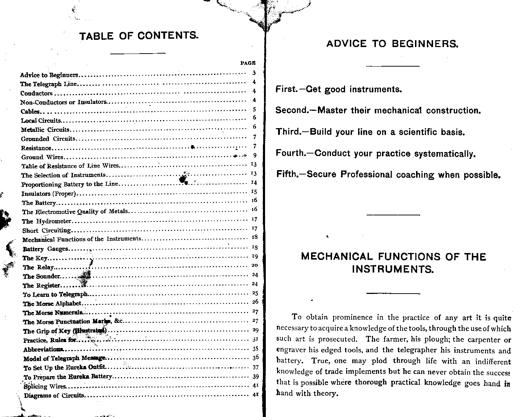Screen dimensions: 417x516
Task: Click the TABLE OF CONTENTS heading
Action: pos(139,36)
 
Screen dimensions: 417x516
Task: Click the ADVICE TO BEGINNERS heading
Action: pos(393,44)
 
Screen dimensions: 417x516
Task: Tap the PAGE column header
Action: pos(248,63)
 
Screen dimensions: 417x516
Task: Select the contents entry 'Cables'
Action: pos(30,111)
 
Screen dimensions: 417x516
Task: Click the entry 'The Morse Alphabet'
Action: pos(53,304)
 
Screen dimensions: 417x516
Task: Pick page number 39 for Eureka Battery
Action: pos(255,376)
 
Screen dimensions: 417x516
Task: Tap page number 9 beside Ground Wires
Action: pos(255,155)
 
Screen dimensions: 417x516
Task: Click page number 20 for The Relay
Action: pos(255,265)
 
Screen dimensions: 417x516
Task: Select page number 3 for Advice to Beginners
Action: pos(254,73)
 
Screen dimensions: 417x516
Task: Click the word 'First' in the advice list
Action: pos(286,89)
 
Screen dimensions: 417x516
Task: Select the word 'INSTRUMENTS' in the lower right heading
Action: pos(393,269)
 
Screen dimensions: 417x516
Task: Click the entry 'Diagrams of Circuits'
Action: pos(54,395)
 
